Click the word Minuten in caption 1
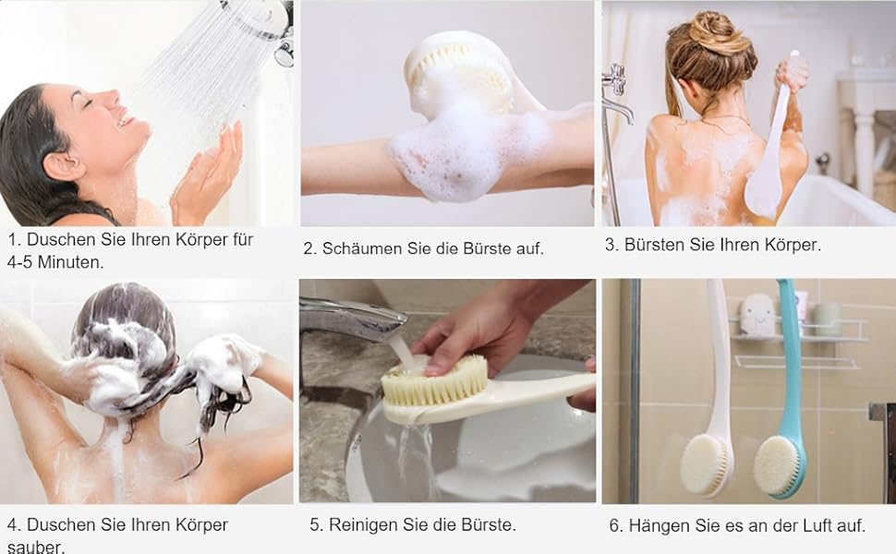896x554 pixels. [71, 262]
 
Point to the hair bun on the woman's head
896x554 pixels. [719, 33]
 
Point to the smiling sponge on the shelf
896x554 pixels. [758, 315]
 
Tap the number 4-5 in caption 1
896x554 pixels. [20, 262]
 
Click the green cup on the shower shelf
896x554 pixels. [827, 319]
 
